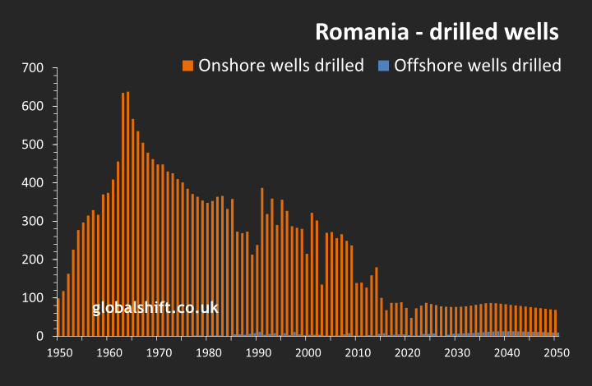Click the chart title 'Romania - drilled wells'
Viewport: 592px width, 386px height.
437,32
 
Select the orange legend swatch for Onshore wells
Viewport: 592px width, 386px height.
187,66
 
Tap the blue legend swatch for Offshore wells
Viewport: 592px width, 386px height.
383,66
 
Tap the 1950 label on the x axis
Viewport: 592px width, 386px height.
58,352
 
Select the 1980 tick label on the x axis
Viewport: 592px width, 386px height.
207,352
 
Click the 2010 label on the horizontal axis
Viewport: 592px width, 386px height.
357,352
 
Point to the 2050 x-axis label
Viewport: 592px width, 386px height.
556,352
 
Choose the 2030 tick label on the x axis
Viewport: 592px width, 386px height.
456,352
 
